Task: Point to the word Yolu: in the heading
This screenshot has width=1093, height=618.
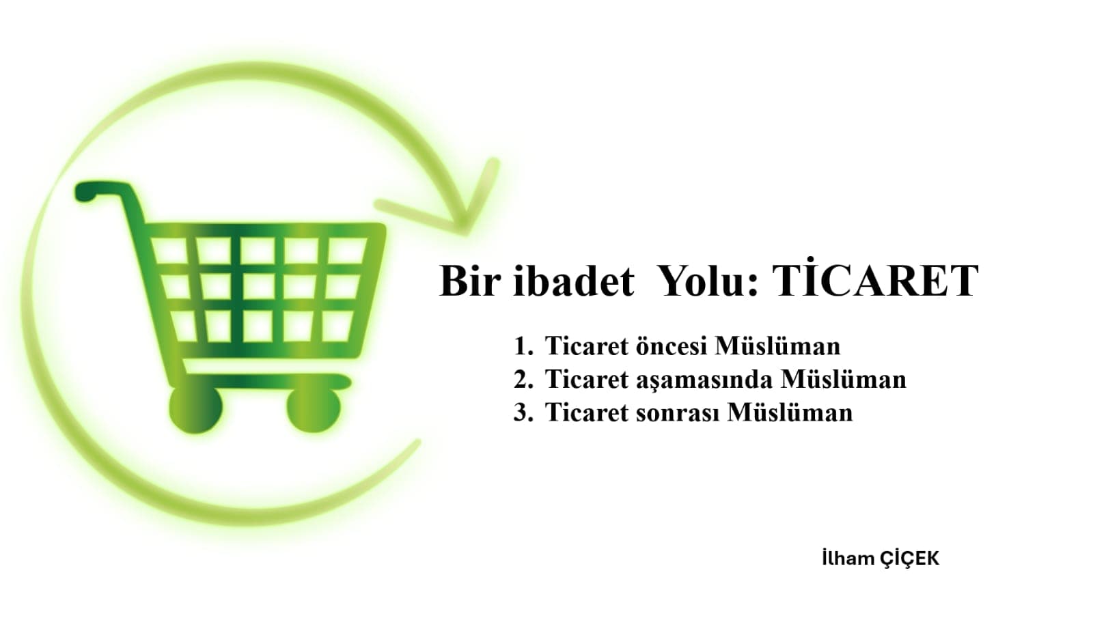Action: tap(708, 281)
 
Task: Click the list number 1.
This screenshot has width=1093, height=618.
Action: tap(523, 346)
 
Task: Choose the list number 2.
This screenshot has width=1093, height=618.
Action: tap(523, 379)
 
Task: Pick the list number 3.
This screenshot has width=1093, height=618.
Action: tap(523, 412)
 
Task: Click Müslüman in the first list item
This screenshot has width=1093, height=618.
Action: tap(777, 346)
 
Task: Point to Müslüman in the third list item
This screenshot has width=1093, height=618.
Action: tap(790, 412)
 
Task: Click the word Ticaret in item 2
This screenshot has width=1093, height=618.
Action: tap(586, 379)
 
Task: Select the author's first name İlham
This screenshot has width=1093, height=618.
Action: tap(848, 559)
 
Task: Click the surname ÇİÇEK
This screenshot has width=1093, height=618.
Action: tap(910, 559)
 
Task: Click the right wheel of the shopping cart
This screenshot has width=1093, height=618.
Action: tap(314, 409)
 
